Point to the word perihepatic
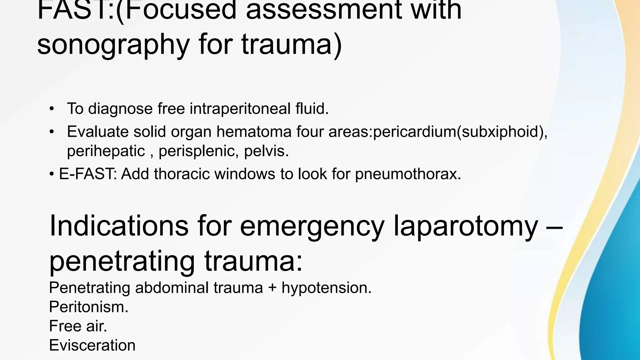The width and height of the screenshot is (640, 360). (x=106, y=151)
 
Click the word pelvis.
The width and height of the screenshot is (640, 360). (x=266, y=151)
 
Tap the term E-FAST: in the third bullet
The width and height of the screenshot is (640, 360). (x=88, y=174)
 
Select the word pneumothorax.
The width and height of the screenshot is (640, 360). (x=408, y=174)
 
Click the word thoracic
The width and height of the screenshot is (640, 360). (x=182, y=174)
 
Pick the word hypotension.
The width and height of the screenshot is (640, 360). (x=327, y=287)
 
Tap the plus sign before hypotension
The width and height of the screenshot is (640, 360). (x=272, y=288)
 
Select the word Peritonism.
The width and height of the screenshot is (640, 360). (x=89, y=307)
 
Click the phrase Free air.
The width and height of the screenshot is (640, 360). (x=78, y=326)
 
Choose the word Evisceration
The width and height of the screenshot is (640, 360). (x=92, y=345)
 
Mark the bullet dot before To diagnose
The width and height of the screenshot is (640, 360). (x=52, y=109)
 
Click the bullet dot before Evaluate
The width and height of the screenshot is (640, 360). (x=52, y=132)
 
